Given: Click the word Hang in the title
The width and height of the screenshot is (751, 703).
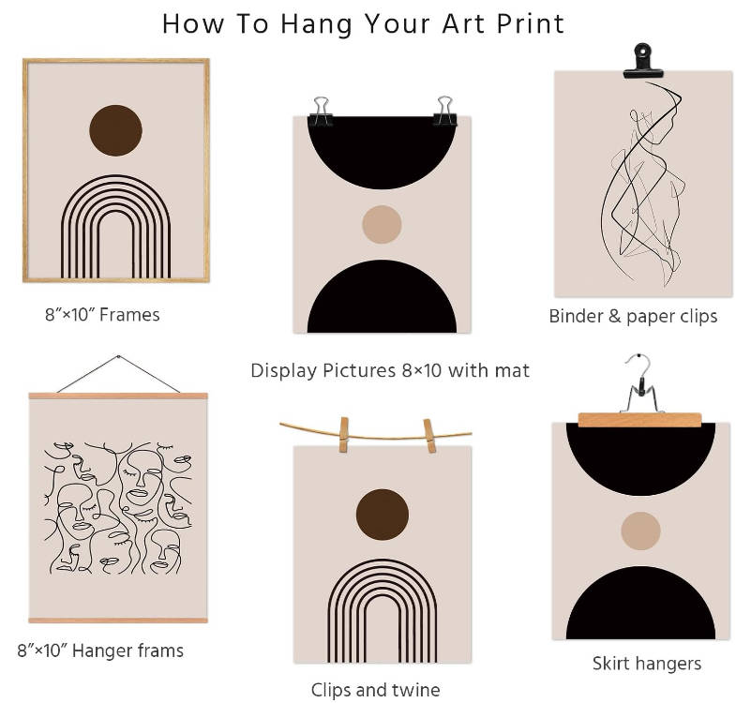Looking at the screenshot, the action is coord(317,24).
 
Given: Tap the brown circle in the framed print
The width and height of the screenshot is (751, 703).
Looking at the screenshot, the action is coord(115,130).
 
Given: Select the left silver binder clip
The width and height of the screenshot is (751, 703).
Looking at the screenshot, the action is coord(321,112).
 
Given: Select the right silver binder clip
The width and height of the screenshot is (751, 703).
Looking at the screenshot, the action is coord(445,111).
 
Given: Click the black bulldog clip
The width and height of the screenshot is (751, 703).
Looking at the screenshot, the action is coord(643,60).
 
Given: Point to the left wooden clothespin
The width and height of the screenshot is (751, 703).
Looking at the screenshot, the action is coord(344,435).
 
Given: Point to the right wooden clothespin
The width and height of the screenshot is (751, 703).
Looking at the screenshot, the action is coord(429,436).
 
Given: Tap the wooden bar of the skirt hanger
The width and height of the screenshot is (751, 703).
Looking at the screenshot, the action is coord(639,420).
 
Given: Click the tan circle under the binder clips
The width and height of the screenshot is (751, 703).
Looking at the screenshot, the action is coord(382,225).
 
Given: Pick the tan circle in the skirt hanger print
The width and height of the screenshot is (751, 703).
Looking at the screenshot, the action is coord(641,531).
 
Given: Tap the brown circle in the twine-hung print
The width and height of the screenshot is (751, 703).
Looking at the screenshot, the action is coord(383,515).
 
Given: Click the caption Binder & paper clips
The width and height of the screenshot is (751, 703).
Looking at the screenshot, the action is coord(633,317).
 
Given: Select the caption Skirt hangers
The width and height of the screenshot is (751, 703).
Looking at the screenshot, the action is coord(647,664).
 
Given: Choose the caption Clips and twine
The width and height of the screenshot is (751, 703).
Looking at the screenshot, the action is coord(375,690).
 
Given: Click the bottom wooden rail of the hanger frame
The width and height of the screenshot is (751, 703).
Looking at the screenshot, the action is coord(118,621).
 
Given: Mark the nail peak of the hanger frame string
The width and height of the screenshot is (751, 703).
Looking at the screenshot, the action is coord(118,356).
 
